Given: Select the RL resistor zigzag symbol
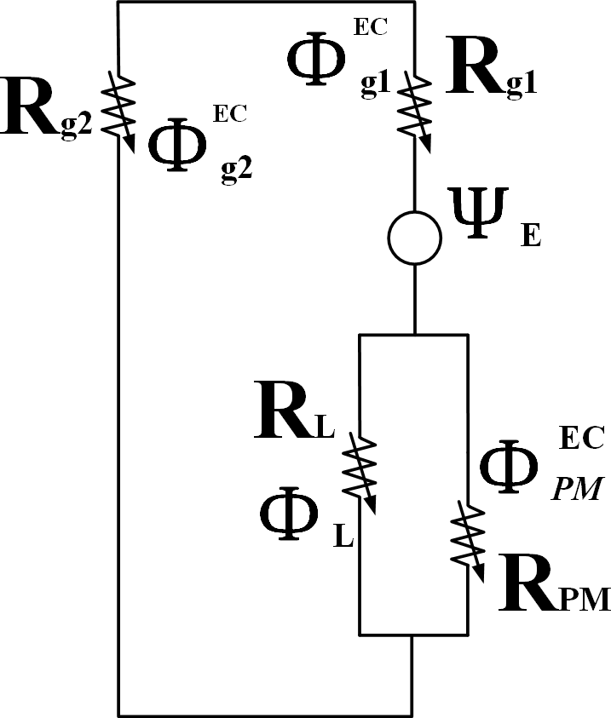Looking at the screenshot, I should coord(360,471).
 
